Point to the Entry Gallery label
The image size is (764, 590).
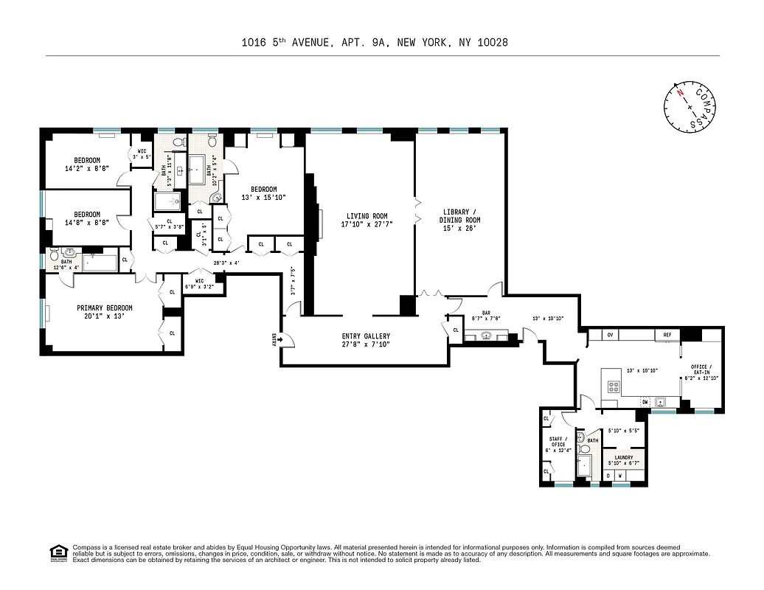(x=367, y=340)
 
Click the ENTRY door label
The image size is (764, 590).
(x=274, y=339)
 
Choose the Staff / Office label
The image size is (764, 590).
(x=557, y=442)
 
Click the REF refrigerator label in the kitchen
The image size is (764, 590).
(x=667, y=335)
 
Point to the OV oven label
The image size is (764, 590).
(x=610, y=335)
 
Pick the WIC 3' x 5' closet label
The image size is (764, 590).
(x=142, y=154)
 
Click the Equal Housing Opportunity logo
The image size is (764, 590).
(x=57, y=552)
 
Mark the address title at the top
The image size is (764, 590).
(x=375, y=43)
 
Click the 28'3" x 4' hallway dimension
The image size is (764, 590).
(x=227, y=263)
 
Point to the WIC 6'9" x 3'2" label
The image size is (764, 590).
(x=199, y=283)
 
